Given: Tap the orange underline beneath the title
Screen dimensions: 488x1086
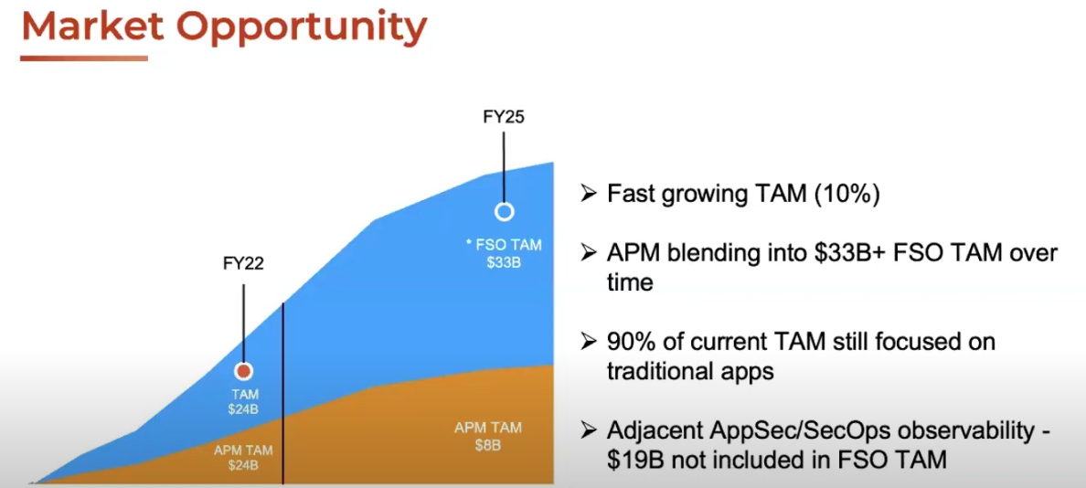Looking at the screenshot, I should (x=83, y=58).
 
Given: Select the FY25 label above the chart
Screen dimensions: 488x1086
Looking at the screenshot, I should (x=504, y=117).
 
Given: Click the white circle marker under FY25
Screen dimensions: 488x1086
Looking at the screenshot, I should (x=504, y=212).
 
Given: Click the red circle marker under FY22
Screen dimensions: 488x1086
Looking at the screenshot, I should (x=244, y=372).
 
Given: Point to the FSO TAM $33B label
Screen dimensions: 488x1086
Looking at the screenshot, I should (x=503, y=253).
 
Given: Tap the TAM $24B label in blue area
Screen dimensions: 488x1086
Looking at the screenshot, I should (x=243, y=401).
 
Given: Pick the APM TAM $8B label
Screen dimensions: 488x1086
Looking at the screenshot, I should (x=487, y=436).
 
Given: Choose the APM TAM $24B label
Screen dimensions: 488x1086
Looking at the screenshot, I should (x=243, y=457).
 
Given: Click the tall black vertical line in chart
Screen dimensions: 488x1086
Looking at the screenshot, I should (x=283, y=393).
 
